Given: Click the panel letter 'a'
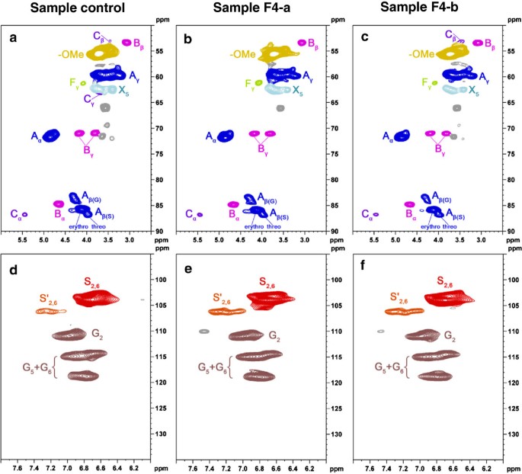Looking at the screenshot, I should click(x=12, y=37).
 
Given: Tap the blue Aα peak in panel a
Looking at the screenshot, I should click(x=50, y=136).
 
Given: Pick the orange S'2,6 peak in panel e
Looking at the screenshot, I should click(x=227, y=311).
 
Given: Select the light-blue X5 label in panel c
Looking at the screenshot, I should click(x=474, y=91).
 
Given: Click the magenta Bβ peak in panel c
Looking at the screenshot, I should click(x=478, y=43).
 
